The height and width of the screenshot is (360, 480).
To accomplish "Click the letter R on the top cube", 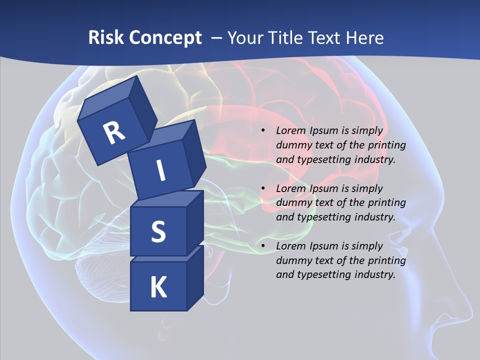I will point(114,132).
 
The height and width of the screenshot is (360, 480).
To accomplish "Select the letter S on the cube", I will point(158,231).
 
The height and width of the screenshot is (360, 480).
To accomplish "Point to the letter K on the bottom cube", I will point(158,287).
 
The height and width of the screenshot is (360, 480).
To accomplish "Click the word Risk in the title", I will point(105,38).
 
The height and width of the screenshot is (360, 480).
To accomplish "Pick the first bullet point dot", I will point(263,131).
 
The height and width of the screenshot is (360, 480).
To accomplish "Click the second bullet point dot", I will point(263,189).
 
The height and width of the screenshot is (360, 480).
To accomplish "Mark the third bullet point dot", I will point(263,246).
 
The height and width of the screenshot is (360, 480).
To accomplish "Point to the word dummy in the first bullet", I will point(293,145).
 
